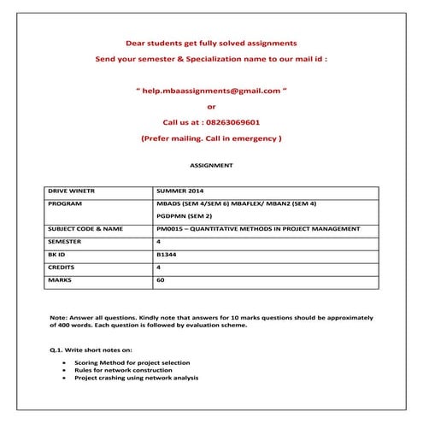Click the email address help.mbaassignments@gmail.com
[212, 90]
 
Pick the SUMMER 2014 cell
[181, 191]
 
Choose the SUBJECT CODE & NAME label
[85, 229]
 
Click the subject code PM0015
[171, 229]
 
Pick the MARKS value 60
[161, 279]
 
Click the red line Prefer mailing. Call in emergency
[211, 138]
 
